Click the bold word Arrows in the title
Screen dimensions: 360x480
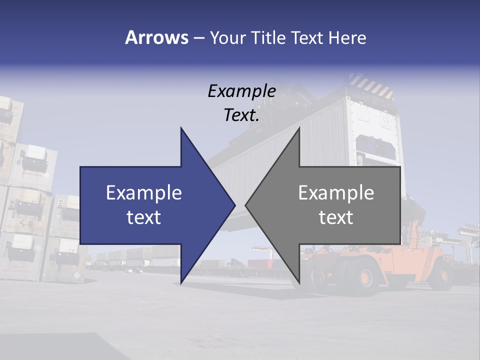[x=156, y=38]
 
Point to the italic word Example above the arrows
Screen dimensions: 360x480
[x=242, y=91]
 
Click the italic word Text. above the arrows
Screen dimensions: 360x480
[x=242, y=115]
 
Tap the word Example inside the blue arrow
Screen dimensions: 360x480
[x=144, y=193]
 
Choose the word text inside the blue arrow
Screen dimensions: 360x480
[x=144, y=217]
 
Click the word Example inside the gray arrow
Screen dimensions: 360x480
[x=336, y=193]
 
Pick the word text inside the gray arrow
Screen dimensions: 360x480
[x=336, y=217]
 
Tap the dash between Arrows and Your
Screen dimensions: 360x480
[x=198, y=38]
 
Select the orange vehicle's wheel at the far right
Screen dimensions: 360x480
[x=441, y=274]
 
